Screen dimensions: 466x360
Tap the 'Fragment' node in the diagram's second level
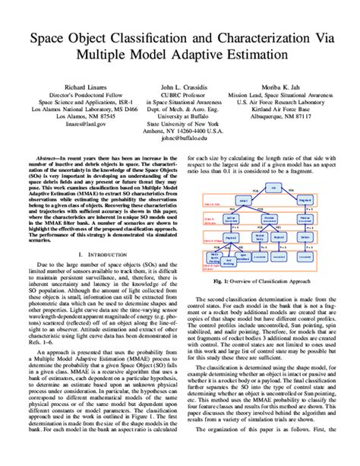point(305,200)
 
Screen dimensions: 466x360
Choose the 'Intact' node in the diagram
point(243,200)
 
